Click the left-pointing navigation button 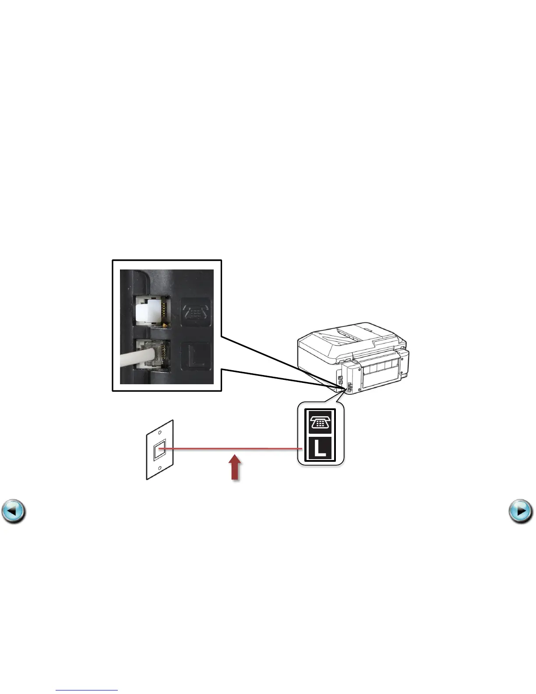(x=13, y=511)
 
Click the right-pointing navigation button (x=521, y=511)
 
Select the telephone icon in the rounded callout (x=321, y=422)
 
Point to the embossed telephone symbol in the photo (x=196, y=312)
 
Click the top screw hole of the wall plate (x=160, y=432)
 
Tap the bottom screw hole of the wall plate (x=160, y=468)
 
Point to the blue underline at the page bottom (x=87, y=690)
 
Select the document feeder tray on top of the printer (x=346, y=335)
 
